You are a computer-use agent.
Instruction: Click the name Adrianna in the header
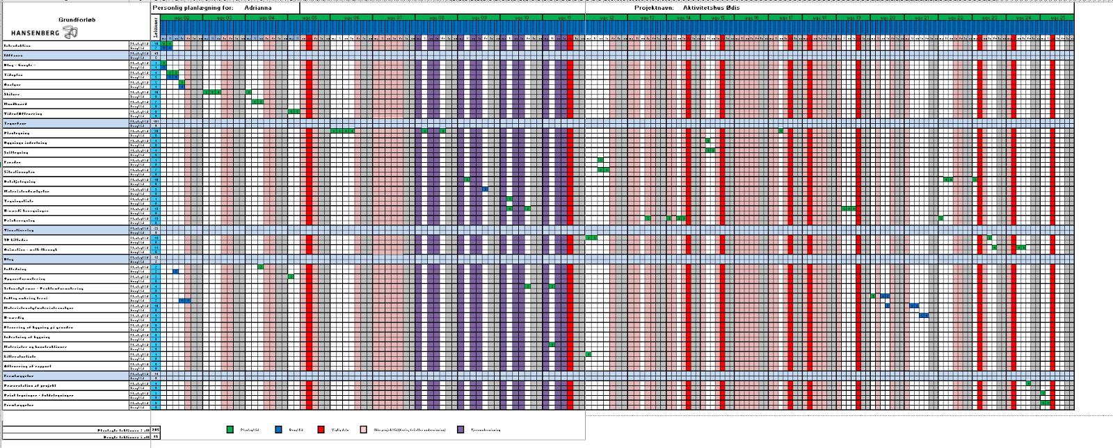[258, 8]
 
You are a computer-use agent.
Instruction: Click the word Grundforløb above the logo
[77, 19]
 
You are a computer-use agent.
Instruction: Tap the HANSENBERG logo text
[35, 33]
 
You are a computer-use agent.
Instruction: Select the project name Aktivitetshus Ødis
[711, 8]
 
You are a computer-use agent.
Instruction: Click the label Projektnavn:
[653, 8]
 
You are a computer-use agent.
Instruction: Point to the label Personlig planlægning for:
[193, 8]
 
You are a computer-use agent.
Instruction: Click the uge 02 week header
[182, 17]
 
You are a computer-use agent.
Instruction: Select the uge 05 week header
[310, 17]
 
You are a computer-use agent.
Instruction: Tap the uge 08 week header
[436, 17]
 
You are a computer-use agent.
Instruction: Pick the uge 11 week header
[563, 17]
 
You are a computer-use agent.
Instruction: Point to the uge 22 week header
[956, 17]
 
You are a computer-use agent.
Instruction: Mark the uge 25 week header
[1057, 17]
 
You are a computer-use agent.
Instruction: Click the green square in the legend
[230, 430]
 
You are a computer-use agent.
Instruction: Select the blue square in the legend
[278, 430]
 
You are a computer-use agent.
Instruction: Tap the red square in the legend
[321, 430]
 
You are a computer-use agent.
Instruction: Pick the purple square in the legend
[461, 430]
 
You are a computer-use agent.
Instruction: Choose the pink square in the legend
[363, 430]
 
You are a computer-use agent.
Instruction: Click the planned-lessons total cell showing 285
[156, 431]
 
